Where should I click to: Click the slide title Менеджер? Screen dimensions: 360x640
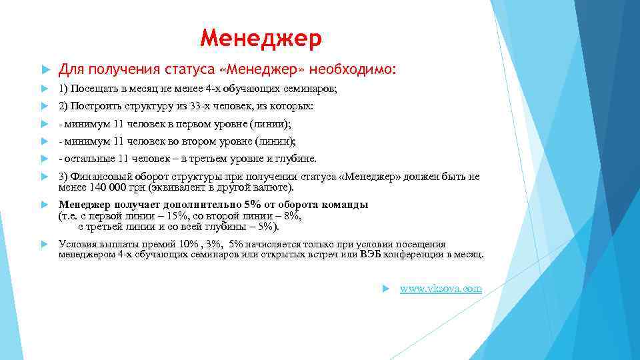[x=261, y=38]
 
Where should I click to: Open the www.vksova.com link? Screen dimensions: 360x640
[x=440, y=288]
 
